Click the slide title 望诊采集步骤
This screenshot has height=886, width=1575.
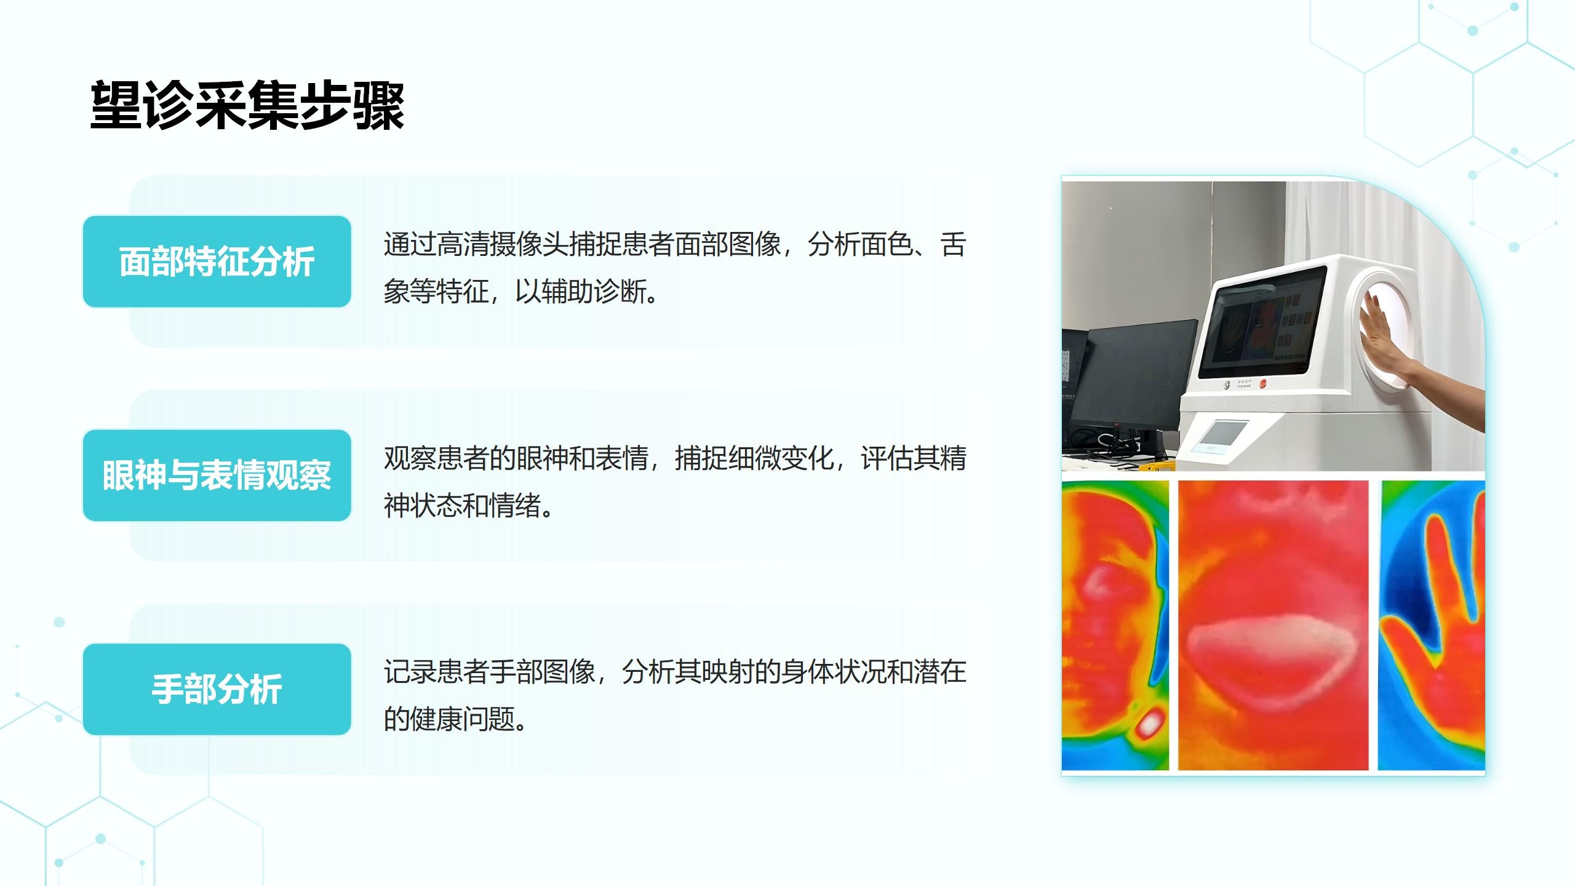[247, 106]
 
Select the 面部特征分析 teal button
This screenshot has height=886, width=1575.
[217, 261]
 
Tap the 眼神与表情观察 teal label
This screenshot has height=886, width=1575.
[217, 476]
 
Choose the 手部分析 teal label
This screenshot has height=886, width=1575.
[217, 689]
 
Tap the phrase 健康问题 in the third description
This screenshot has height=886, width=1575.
[463, 719]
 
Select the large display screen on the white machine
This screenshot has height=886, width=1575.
[1261, 321]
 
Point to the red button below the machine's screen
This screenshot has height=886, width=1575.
[1263, 384]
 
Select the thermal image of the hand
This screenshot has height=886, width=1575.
[1432, 625]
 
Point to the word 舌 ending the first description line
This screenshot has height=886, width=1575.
[954, 244]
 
